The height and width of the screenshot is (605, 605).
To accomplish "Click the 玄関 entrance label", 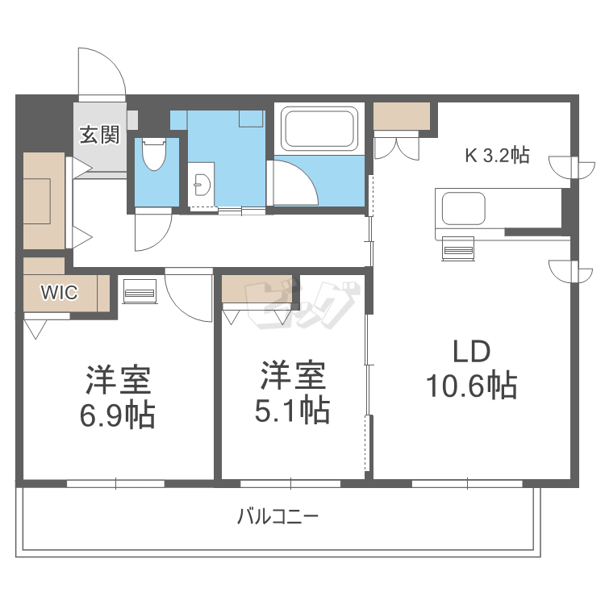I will pyautogui.click(x=98, y=135).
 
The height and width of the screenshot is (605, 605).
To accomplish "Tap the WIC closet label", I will pyautogui.click(x=60, y=293).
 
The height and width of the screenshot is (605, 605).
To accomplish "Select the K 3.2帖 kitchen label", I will pyautogui.click(x=496, y=156).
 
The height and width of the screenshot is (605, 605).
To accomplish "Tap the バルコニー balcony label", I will pyautogui.click(x=277, y=516).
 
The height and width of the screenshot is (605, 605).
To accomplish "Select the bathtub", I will pyautogui.click(x=319, y=129).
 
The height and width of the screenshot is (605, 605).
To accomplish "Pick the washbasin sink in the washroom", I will pyautogui.click(x=202, y=181).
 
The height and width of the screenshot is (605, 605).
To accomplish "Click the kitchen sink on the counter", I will pyautogui.click(x=461, y=208).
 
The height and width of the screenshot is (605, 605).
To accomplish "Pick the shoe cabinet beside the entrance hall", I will pyautogui.click(x=42, y=199).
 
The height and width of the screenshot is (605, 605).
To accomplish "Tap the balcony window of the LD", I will pyautogui.click(x=468, y=483).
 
